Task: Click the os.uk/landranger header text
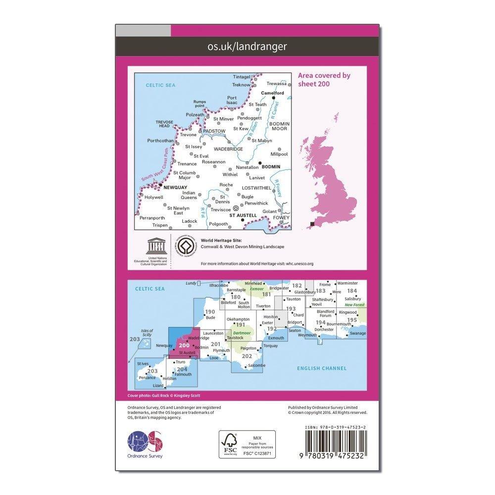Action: [247, 47]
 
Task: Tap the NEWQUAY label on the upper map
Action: [171, 188]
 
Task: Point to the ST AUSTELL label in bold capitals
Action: [243, 216]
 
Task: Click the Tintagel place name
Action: [242, 77]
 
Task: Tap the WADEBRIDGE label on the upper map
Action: [228, 149]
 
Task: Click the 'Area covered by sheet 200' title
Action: [324, 80]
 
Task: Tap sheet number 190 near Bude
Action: [210, 312]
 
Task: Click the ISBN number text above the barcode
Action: [336, 426]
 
